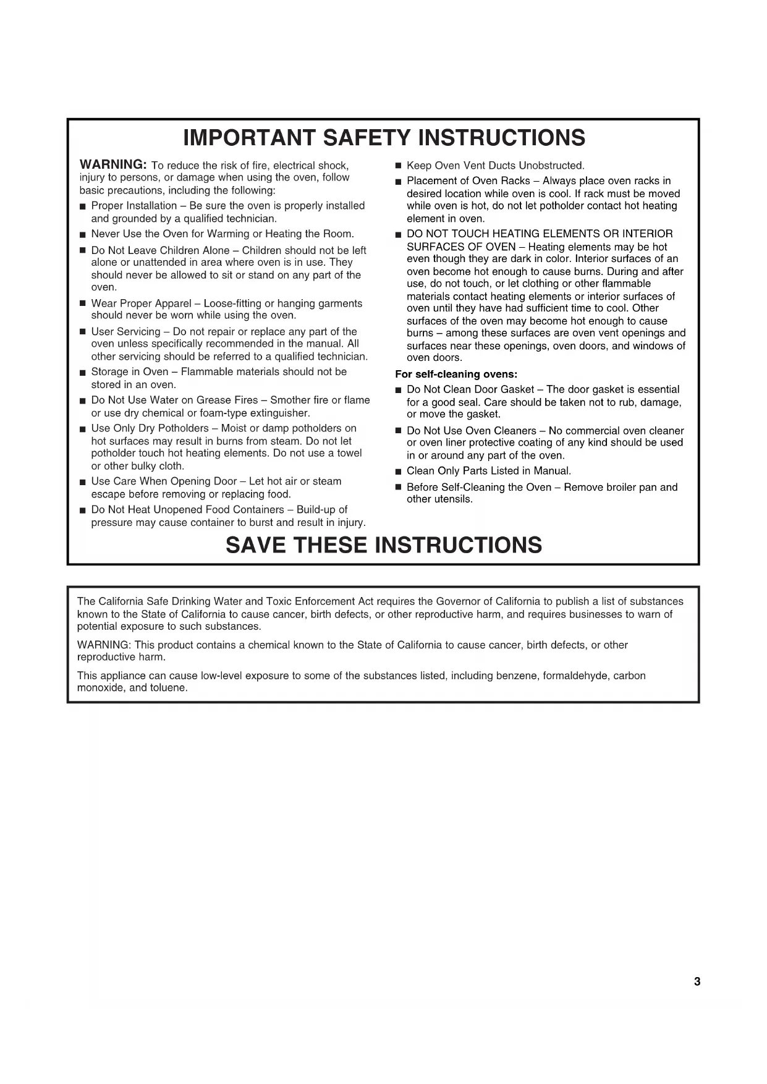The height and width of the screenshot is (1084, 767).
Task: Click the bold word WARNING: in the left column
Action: (x=112, y=164)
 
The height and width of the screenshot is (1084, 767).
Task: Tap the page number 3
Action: (x=697, y=981)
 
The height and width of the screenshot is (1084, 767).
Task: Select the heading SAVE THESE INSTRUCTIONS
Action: (x=383, y=545)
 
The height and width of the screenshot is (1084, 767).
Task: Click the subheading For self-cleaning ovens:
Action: (x=456, y=374)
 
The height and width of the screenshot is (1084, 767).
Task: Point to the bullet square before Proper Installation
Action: (x=82, y=206)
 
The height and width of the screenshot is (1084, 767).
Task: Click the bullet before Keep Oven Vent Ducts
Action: (x=398, y=166)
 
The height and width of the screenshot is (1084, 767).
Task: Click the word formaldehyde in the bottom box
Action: (x=575, y=675)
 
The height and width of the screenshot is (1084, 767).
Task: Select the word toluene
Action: (x=167, y=688)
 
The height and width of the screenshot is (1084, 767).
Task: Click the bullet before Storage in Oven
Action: (x=82, y=373)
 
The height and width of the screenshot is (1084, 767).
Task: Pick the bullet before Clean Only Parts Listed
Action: (x=398, y=472)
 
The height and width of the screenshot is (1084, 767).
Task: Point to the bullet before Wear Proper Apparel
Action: (x=82, y=304)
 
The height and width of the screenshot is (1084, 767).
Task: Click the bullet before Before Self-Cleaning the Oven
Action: (x=398, y=488)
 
